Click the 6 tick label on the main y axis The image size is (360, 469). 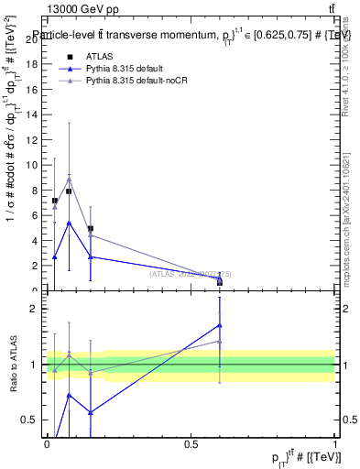coord(34,215)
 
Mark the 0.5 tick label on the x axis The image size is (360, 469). coord(191,444)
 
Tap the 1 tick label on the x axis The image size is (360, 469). coord(335,444)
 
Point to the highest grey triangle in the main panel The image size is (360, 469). coord(69,180)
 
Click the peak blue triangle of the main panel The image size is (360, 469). coord(69,223)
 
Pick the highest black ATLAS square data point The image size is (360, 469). coord(69,191)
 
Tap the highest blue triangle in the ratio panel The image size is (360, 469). coord(220,325)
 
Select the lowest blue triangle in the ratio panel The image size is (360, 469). coord(91,412)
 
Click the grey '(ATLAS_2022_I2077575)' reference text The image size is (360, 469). coord(197,274)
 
